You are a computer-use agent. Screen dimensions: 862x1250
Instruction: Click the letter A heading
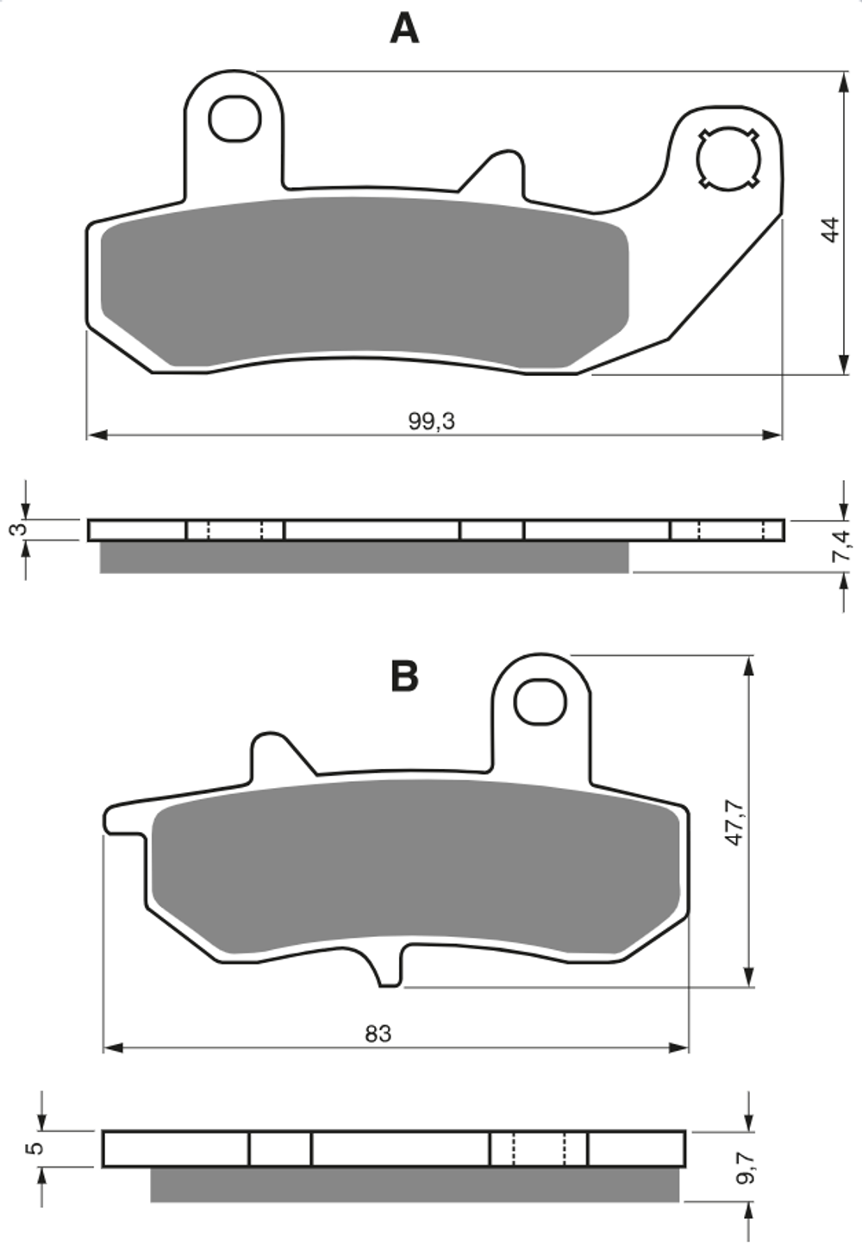[x=404, y=29]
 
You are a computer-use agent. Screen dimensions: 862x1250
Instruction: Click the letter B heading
[x=404, y=677]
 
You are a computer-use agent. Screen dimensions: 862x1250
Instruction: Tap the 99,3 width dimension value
[x=431, y=422]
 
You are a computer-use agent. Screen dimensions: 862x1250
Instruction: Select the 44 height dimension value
[x=831, y=229]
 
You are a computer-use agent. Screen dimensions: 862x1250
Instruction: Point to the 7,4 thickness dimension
[x=842, y=546]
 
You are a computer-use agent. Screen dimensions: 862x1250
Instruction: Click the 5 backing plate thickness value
[x=34, y=1148]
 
